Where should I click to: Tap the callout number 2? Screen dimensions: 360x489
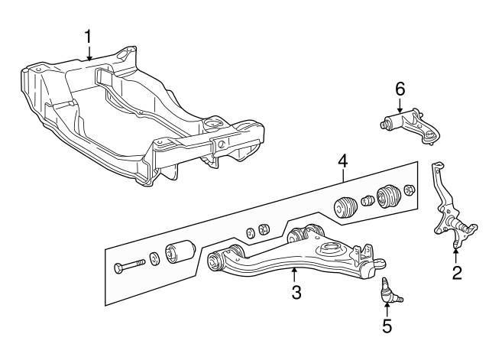pyautogui.click(x=456, y=273)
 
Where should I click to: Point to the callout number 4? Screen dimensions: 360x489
pyautogui.click(x=343, y=161)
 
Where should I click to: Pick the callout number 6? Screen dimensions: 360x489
pyautogui.click(x=399, y=89)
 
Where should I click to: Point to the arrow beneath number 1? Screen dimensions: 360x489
pyautogui.click(x=89, y=54)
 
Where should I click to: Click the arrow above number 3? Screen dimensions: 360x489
pyautogui.click(x=293, y=273)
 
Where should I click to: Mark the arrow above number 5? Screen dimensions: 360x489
pyautogui.click(x=387, y=308)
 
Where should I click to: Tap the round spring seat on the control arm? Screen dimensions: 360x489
pyautogui.click(x=331, y=249)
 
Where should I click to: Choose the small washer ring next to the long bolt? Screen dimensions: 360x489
pyautogui.click(x=154, y=259)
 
